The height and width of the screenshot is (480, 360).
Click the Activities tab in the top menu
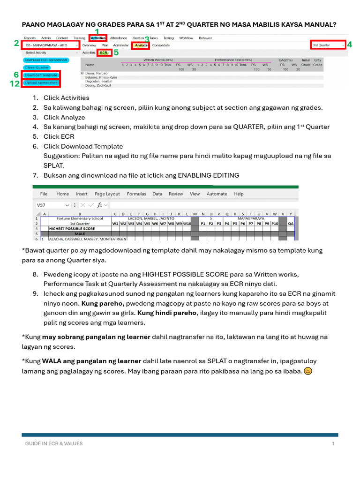[x=98, y=38]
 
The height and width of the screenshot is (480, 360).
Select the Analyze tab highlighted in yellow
[x=140, y=45]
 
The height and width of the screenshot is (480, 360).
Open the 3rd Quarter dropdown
[x=328, y=45]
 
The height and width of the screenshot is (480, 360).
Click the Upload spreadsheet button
[x=41, y=83]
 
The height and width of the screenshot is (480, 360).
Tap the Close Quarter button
[x=37, y=67]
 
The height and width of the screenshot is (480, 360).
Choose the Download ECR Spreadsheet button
[x=46, y=60]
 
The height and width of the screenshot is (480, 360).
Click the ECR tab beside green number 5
[x=103, y=53]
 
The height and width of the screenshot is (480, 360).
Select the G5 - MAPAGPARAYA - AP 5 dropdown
[x=50, y=45]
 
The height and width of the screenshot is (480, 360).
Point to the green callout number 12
[x=14, y=83]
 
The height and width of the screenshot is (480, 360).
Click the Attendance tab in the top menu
[x=119, y=38]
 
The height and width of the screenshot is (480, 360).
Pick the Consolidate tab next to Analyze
[x=161, y=45]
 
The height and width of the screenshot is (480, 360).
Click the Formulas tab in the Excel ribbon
[x=136, y=194]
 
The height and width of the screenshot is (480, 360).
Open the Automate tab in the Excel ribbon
[x=217, y=194]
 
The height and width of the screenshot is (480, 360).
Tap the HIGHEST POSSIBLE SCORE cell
[x=72, y=228]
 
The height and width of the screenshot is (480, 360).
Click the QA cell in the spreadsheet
[x=291, y=224]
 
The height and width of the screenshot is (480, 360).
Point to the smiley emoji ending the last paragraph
[x=308, y=371]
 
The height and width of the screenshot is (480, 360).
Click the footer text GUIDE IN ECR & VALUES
[x=53, y=443]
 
